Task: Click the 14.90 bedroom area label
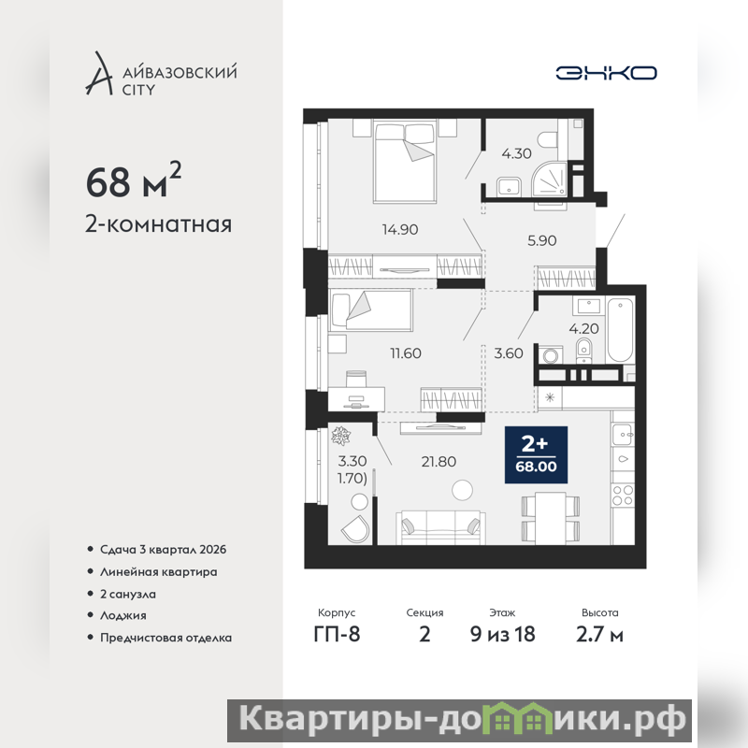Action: pyautogui.click(x=400, y=229)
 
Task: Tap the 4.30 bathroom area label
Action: pyautogui.click(x=516, y=153)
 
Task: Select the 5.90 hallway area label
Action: pyautogui.click(x=542, y=240)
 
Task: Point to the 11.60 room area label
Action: pyautogui.click(x=406, y=353)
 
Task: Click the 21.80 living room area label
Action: pyautogui.click(x=439, y=461)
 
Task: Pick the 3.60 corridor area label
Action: pyautogui.click(x=509, y=353)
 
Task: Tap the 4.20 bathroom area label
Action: pyautogui.click(x=583, y=329)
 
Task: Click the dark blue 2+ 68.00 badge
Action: pyautogui.click(x=536, y=454)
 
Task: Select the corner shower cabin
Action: pyautogui.click(x=550, y=180)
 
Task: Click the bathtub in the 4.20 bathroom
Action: pyautogui.click(x=620, y=330)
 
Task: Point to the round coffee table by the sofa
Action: pyautogui.click(x=462, y=490)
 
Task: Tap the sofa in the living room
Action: pyautogui.click(x=440, y=527)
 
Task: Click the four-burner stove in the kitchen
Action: pyautogui.click(x=623, y=495)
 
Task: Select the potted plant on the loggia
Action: pyautogui.click(x=341, y=436)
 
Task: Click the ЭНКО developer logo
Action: pyautogui.click(x=606, y=73)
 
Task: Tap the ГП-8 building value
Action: pyautogui.click(x=337, y=635)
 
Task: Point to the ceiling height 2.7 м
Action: pyautogui.click(x=599, y=635)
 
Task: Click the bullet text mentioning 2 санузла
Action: pyautogui.click(x=128, y=594)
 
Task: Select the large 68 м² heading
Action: pyautogui.click(x=134, y=180)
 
